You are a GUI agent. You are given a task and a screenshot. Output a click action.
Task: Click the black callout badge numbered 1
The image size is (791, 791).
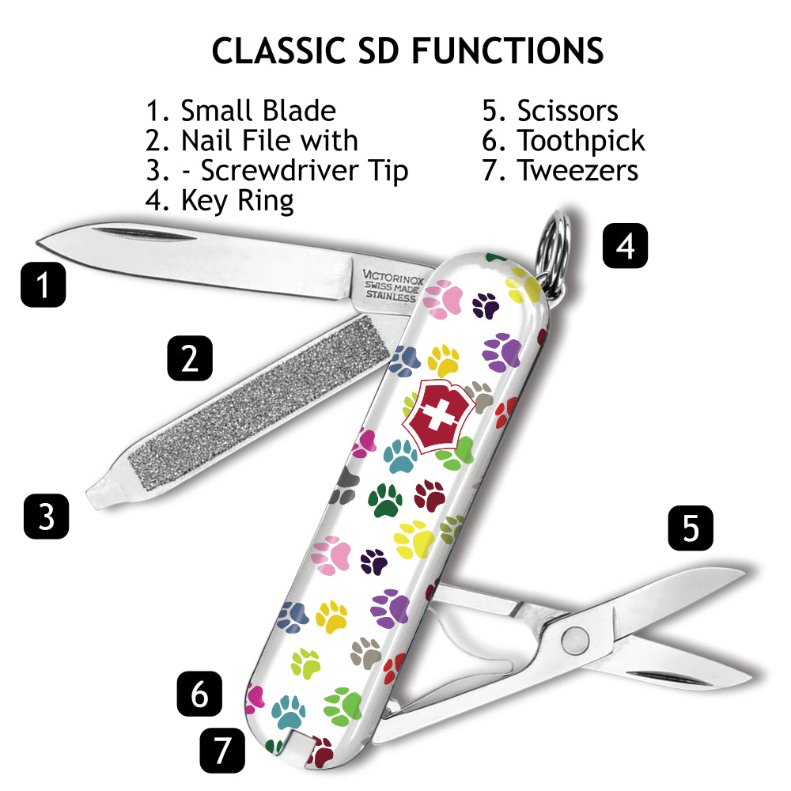tap(43, 284)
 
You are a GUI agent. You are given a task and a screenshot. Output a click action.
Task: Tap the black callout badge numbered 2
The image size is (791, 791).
tap(190, 358)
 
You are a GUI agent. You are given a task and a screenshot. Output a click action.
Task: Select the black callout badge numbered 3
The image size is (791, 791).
tap(47, 517)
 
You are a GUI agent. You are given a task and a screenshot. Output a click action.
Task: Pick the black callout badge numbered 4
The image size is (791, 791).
tap(625, 246)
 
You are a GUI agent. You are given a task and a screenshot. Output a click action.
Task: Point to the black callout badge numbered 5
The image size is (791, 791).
tap(691, 528)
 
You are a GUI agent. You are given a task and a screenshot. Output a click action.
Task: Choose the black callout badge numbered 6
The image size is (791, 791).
tap(199, 694)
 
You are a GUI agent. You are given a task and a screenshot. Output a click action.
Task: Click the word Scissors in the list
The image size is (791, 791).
tap(567, 111)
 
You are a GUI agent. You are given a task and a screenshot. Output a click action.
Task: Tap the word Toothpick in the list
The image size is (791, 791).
tap(581, 141)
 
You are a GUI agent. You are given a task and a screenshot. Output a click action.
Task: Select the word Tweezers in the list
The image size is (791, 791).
tap(577, 170)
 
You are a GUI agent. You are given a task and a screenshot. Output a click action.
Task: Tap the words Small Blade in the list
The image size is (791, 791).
tap(258, 111)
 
